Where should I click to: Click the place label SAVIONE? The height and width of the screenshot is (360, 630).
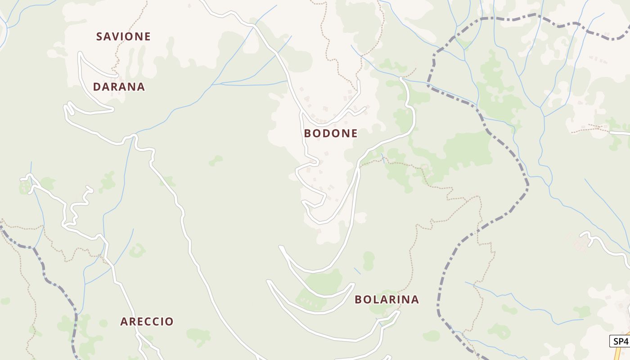[x=123, y=36]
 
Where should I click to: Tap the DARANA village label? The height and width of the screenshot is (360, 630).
[x=119, y=87]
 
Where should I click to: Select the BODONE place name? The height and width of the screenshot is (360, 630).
[x=331, y=133]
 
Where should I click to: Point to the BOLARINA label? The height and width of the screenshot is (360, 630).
[x=387, y=299]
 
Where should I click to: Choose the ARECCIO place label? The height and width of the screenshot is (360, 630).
[x=147, y=321]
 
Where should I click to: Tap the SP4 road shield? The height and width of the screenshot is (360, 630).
[x=620, y=341]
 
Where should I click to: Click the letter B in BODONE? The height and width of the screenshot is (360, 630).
[x=308, y=133]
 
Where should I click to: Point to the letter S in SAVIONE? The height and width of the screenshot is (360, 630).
[x=99, y=36]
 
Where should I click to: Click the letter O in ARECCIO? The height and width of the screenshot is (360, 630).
[x=169, y=321]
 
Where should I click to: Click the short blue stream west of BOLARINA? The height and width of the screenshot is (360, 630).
[x=357, y=271]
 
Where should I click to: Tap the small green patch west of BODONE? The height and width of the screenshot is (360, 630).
[x=216, y=160]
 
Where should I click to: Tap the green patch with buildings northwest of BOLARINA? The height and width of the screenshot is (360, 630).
[x=310, y=299]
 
